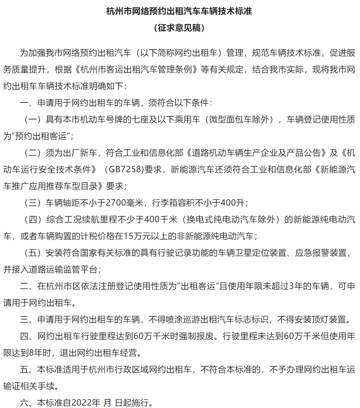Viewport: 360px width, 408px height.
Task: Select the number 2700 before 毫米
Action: [x=115, y=202]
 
